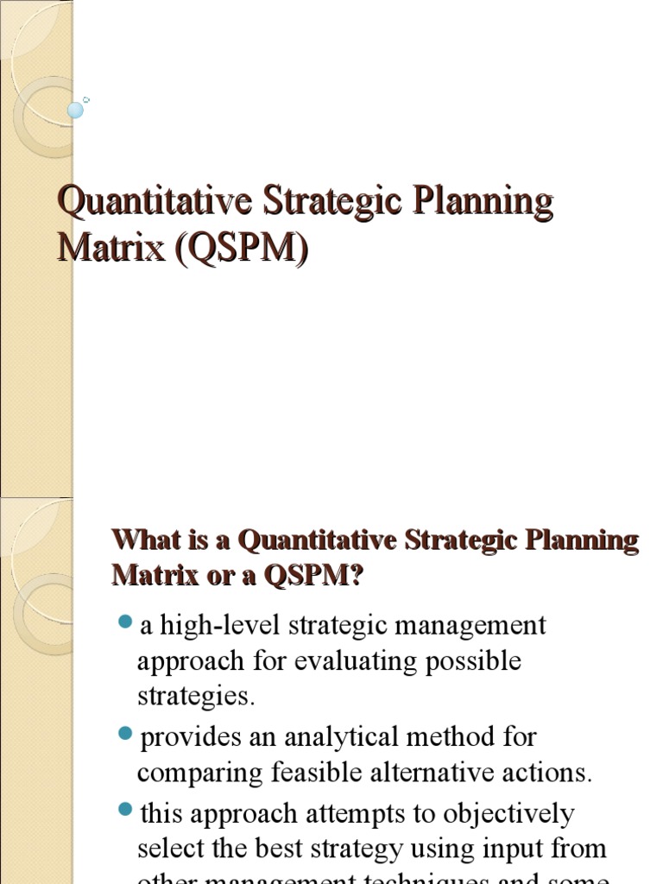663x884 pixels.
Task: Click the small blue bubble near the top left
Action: pyautogui.click(x=76, y=110)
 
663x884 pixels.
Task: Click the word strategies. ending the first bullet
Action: pyautogui.click(x=196, y=696)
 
